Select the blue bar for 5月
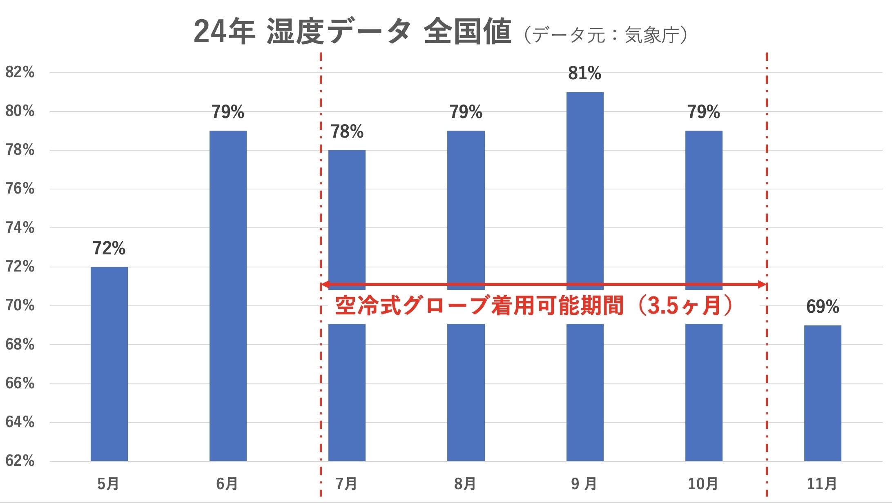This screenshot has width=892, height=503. [x=109, y=363]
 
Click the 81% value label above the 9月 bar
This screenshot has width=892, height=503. [x=584, y=73]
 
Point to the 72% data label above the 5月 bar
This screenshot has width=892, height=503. [x=109, y=248]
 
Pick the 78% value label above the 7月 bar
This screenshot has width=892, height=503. [x=347, y=132]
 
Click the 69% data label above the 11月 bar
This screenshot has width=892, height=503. [x=823, y=307]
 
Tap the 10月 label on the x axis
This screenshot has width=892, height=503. [x=703, y=484]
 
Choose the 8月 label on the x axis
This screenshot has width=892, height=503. [x=465, y=484]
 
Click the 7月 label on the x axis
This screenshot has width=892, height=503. [x=346, y=484]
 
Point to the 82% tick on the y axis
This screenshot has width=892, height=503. [x=20, y=72]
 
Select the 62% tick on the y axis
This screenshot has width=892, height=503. [x=20, y=461]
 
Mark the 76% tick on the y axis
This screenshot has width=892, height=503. [x=20, y=189]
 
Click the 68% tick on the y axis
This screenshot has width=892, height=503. [x=20, y=345]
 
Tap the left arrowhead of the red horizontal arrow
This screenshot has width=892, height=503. [x=326, y=285]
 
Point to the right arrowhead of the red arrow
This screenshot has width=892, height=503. [x=762, y=285]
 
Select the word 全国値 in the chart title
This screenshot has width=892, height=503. [x=467, y=32]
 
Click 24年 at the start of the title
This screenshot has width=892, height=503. [x=224, y=32]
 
